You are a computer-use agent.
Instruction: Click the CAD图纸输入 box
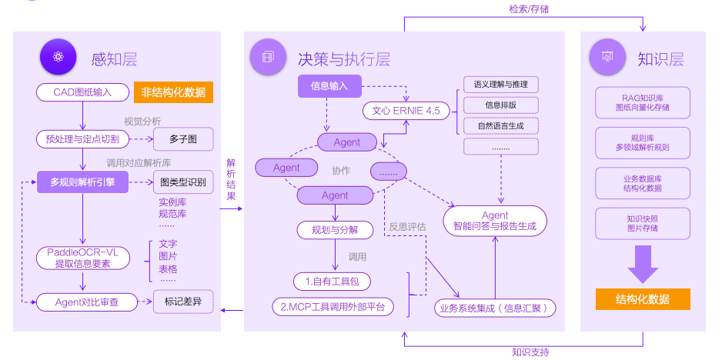coord(82,92)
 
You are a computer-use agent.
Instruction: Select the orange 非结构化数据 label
coord(173,92)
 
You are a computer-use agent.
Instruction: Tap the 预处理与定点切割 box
coord(82,139)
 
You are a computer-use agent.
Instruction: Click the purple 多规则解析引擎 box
coord(83,182)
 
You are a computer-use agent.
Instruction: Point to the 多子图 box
coord(182,139)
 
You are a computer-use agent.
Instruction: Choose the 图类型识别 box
coord(182,182)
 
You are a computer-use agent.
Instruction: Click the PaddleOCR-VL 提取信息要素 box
coord(82,258)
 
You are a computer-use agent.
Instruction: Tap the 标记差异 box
coord(182,302)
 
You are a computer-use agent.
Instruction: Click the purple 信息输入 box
coord(329,85)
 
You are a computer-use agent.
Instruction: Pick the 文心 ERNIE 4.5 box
coord(406,111)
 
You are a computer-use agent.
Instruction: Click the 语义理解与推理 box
coord(500,84)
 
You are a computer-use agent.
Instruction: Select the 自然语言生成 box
coord(500,125)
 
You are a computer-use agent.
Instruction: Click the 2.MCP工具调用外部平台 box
coord(333,307)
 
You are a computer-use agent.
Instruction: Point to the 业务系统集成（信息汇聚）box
coord(495,308)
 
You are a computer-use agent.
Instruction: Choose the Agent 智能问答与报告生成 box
coord(495,221)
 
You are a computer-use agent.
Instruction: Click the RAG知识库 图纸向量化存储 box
coord(642,103)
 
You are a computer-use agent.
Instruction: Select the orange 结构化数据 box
coord(642,299)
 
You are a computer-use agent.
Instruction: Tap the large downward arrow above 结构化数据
coord(642,263)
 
